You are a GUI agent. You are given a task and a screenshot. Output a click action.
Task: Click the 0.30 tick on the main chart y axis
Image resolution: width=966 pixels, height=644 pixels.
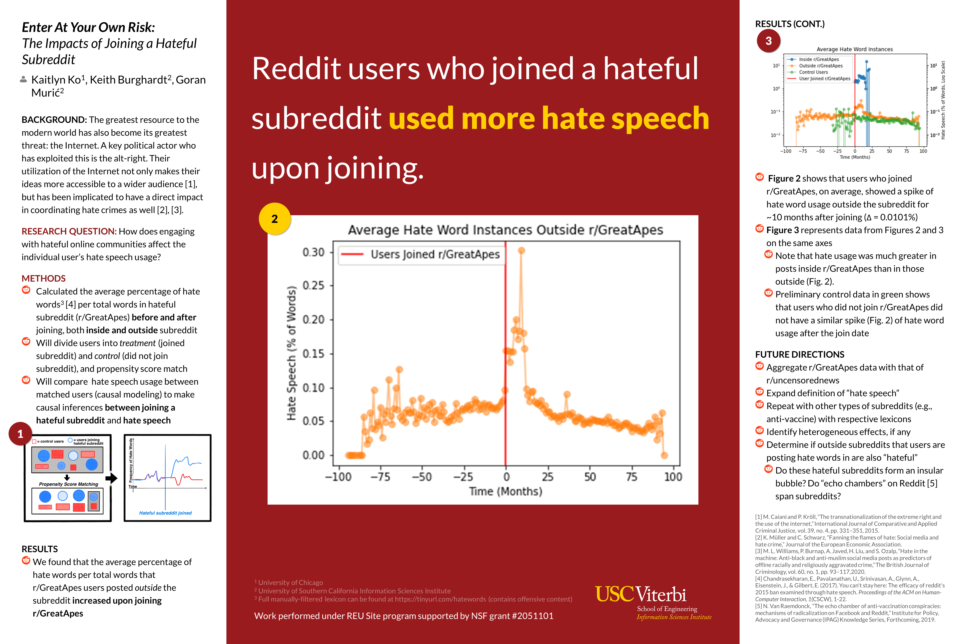click(313, 252)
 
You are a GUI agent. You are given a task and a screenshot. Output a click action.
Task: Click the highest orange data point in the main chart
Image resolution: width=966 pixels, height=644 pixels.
click(521, 250)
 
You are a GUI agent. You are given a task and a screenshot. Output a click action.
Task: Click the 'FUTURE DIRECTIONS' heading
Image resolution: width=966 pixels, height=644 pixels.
click(799, 354)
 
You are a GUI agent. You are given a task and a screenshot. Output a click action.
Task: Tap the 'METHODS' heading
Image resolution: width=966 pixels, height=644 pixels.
click(44, 278)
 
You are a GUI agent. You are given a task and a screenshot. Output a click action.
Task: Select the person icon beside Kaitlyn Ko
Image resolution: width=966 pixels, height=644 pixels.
click(24, 79)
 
